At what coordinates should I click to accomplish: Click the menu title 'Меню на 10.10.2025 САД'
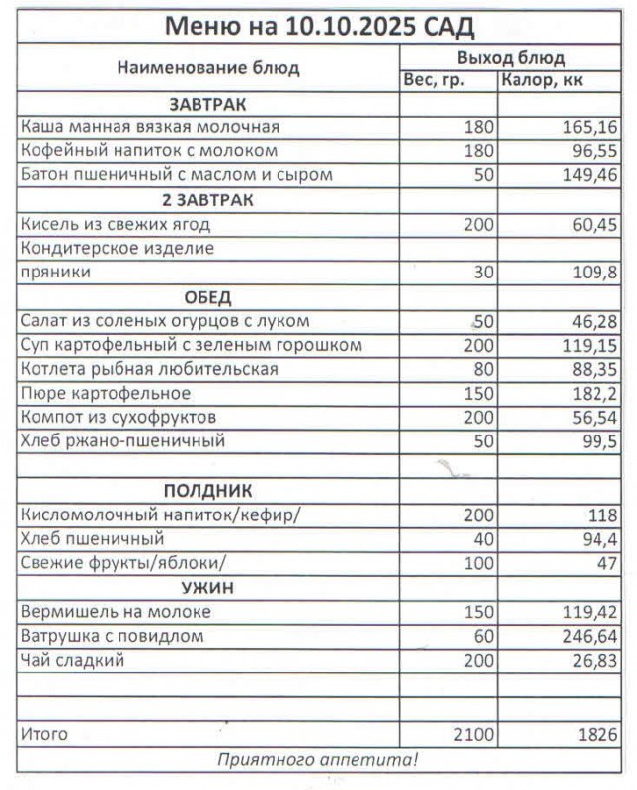pyautogui.click(x=318, y=25)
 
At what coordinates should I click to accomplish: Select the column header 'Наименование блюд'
pyautogui.click(x=208, y=68)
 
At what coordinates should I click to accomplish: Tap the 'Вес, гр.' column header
pyautogui.click(x=434, y=80)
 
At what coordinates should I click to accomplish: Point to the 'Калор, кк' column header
pyautogui.click(x=541, y=80)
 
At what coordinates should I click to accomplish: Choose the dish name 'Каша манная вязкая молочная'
pyautogui.click(x=150, y=127)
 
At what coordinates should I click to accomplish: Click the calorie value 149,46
pyautogui.click(x=589, y=176)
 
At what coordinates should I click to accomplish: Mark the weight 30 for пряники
pyautogui.click(x=482, y=274)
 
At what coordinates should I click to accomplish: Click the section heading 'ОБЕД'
pyautogui.click(x=207, y=297)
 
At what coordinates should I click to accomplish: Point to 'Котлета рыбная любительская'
pyautogui.click(x=149, y=369)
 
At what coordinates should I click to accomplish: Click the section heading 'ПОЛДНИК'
pyautogui.click(x=207, y=491)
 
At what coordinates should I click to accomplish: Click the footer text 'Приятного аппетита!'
pyautogui.click(x=318, y=759)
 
